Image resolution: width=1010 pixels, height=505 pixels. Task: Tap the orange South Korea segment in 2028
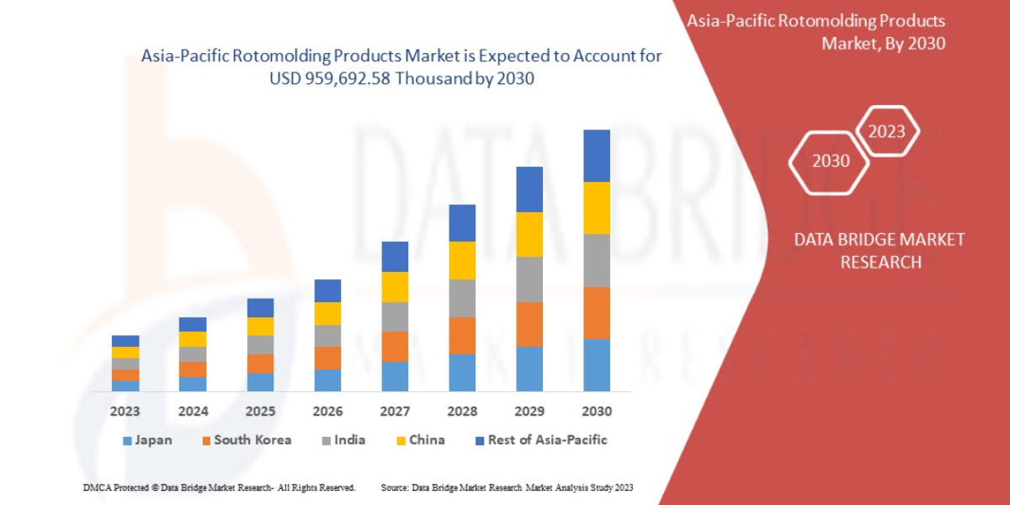(x=461, y=335)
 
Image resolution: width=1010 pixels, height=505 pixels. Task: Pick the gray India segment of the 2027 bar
(x=395, y=316)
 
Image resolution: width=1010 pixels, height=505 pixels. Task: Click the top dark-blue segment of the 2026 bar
(x=327, y=290)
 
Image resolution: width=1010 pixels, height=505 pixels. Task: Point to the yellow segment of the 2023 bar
(x=125, y=352)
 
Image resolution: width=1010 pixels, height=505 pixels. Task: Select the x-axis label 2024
(x=193, y=412)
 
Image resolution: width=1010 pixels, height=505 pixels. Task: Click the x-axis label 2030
(x=596, y=412)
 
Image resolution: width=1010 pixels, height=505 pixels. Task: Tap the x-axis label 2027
(x=395, y=412)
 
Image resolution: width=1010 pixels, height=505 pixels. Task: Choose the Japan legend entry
(x=148, y=440)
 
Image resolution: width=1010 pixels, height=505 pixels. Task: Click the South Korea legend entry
(x=246, y=440)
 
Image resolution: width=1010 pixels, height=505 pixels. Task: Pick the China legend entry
(x=420, y=440)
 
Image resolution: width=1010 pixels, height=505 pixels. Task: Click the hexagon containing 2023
(x=886, y=131)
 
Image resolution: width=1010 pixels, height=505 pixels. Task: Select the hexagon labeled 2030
(x=830, y=161)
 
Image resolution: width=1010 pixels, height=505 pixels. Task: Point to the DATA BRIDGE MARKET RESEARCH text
(x=880, y=251)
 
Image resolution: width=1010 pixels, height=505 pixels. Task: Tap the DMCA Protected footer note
(x=219, y=487)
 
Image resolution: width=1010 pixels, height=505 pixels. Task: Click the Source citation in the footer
(x=507, y=487)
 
